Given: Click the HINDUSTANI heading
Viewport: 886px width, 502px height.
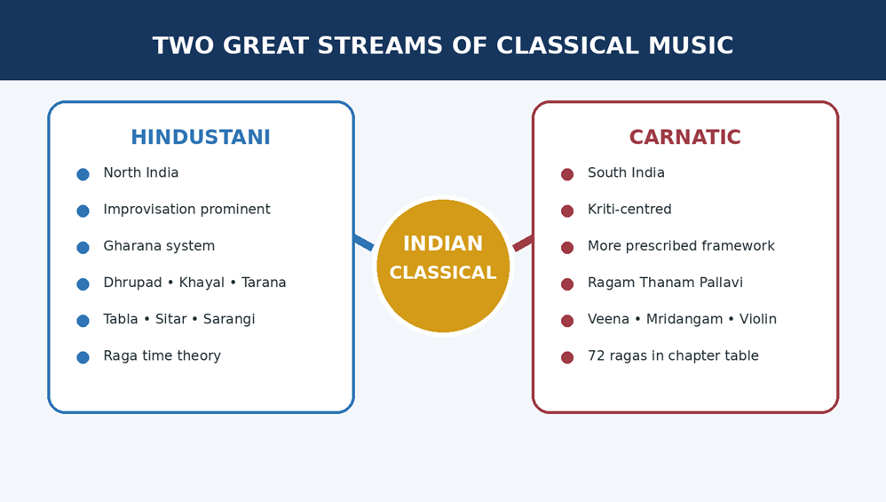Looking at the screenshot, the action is click(201, 138).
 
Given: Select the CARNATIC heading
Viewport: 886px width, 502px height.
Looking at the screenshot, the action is click(684, 138).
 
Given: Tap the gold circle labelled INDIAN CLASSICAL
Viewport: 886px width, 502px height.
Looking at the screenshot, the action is click(443, 266).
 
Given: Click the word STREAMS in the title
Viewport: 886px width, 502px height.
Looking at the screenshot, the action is click(380, 46).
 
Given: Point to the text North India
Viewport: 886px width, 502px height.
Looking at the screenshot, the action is click(140, 172).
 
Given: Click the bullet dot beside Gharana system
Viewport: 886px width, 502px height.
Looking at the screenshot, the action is click(83, 248).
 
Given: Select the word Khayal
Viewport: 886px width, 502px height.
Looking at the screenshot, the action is click(202, 283).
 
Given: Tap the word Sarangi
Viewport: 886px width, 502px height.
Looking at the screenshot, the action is click(229, 319).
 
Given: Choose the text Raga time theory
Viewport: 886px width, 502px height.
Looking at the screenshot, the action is click(162, 356).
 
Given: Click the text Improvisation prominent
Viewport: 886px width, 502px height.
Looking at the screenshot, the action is click(187, 210).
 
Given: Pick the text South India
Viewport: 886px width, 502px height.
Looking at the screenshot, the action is click(626, 172).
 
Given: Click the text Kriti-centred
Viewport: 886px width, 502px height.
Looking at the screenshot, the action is click(629, 209).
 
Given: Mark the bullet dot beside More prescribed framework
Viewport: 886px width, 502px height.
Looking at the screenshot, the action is click(567, 248).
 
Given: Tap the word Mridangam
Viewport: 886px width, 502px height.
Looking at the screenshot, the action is click(684, 319).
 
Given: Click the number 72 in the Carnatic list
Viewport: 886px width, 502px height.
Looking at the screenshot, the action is click(596, 356).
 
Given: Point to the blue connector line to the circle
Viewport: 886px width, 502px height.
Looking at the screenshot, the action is click(364, 242).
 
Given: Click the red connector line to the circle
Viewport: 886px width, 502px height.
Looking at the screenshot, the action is click(523, 243).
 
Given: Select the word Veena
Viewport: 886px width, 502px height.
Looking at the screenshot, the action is click(608, 319).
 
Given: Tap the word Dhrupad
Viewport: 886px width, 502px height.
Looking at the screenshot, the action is click(133, 283).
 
